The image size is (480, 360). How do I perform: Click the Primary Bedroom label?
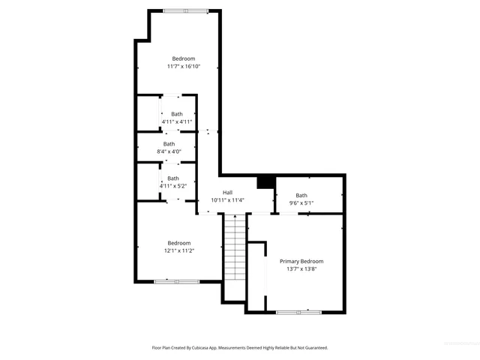[301, 261]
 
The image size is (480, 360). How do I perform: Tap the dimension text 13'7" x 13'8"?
[301, 268]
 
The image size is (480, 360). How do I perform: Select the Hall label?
[227, 193]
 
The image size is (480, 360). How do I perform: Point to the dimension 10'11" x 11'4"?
[227, 200]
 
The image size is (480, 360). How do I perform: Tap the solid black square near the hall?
[264, 181]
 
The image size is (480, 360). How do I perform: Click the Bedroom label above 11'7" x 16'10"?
[184, 58]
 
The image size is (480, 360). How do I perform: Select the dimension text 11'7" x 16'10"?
[184, 66]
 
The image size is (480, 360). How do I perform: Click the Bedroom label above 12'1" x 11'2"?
[179, 243]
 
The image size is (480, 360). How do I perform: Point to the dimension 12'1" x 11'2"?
[179, 250]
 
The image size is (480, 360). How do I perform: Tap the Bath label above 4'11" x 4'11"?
[177, 114]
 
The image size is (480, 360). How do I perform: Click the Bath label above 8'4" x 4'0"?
[169, 143]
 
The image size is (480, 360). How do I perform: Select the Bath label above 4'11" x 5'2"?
[173, 178]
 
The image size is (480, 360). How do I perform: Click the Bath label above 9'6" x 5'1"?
[301, 195]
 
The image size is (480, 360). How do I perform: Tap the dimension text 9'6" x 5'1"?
[301, 202]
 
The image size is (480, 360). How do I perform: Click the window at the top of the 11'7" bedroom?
[186, 10]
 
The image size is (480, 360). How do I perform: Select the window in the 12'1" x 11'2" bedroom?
[177, 281]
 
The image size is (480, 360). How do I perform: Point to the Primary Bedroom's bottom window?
[298, 311]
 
